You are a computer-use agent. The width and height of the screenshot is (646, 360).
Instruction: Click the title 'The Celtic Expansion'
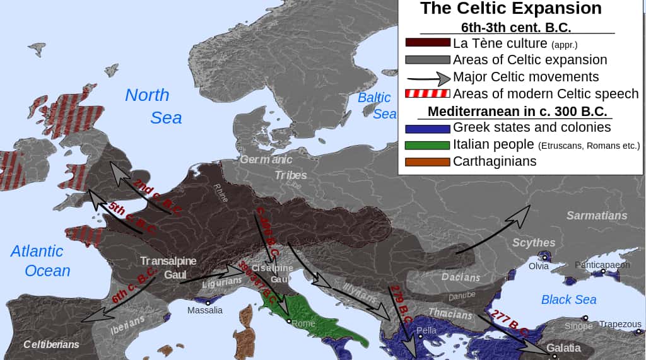coord(510,8)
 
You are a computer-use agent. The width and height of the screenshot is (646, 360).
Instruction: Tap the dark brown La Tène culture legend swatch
coord(427,44)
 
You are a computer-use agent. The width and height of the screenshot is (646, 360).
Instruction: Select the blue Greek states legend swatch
coord(427,128)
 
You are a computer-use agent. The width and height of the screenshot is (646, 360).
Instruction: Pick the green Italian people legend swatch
coord(427,144)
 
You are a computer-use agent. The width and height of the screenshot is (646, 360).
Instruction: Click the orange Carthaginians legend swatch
coord(427,161)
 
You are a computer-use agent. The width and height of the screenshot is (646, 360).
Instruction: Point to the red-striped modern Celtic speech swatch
coord(427,94)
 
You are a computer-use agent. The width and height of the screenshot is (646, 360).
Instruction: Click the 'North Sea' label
coord(151,106)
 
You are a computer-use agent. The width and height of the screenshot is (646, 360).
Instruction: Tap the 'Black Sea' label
coord(568,299)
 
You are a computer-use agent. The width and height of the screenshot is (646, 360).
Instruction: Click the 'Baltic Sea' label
coord(376,105)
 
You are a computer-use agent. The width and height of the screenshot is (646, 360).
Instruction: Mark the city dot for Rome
coord(289,322)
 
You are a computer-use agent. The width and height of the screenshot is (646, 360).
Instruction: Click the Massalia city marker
coord(208,303)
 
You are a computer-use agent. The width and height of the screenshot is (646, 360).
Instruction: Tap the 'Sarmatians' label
coord(596,216)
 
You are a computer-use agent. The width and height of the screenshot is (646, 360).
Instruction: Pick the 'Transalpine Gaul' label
coord(168,268)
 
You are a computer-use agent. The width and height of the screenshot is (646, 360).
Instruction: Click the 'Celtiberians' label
coord(51,344)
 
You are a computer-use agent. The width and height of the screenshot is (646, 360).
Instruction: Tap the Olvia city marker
coord(544,258)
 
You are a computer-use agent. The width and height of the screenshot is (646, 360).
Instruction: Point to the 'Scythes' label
coord(534,243)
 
